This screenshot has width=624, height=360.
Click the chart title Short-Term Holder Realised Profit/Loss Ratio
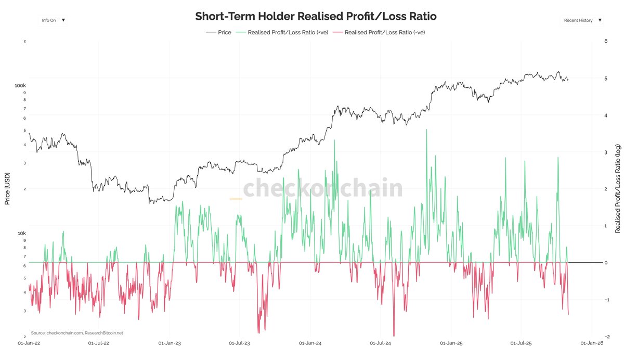click(316, 16)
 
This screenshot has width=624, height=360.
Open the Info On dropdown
click(53, 20)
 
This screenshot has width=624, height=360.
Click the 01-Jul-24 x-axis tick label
click(380, 343)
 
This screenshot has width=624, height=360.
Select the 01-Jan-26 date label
click(592, 343)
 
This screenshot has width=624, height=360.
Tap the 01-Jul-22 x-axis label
click(99, 343)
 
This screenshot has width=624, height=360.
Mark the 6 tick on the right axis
click(605, 41)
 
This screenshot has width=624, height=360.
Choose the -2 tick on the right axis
click(604, 337)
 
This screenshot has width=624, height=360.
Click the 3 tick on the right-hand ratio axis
click(605, 152)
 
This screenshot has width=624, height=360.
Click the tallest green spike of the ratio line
click(426, 130)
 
